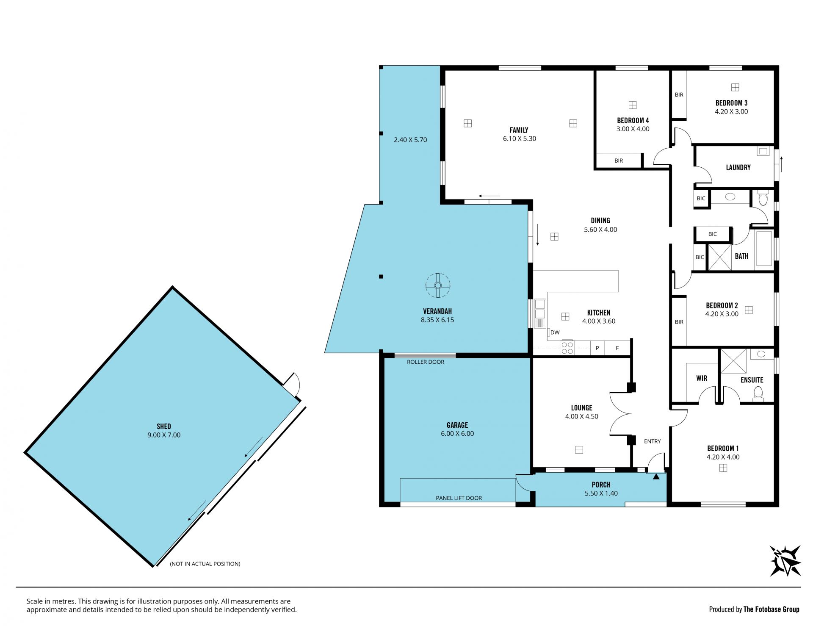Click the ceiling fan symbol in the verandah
point(438,285)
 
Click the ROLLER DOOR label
point(426,362)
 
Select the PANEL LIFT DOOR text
point(459,498)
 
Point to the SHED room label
point(164,427)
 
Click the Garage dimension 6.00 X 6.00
point(457,434)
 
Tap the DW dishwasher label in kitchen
point(555,332)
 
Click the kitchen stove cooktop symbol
point(567,347)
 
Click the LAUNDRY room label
point(738,168)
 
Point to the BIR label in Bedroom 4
point(619,161)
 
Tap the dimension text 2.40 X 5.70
point(410,140)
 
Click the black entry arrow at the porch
point(656,476)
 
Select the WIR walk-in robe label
point(702,379)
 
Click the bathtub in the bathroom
point(764,248)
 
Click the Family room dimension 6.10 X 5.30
point(520,138)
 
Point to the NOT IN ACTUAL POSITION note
point(205,564)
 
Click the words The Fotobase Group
point(772,609)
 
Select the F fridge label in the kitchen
point(617,348)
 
